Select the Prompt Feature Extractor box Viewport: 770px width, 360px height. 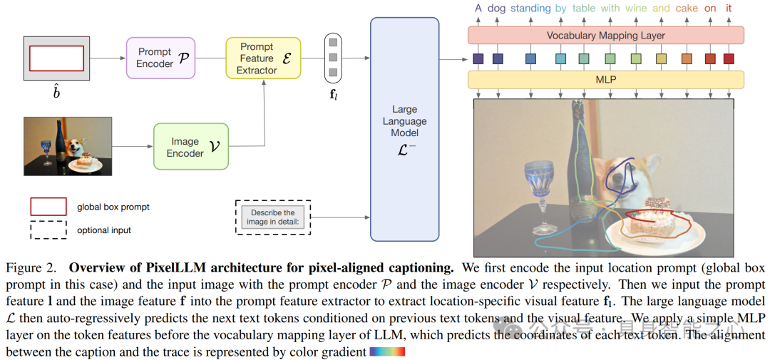262,58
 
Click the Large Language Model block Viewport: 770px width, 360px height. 404,129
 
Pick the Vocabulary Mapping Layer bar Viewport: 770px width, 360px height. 605,35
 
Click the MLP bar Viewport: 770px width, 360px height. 605,79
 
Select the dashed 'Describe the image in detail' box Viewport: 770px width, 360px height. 272,217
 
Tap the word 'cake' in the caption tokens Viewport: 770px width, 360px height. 686,9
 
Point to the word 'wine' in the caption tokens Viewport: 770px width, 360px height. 636,9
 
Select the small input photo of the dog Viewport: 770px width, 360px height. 68,146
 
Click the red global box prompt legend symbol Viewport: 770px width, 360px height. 48,207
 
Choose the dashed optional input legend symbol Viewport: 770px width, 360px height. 48,230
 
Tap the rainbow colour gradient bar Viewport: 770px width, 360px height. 387,351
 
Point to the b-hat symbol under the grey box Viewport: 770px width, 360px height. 56,93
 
